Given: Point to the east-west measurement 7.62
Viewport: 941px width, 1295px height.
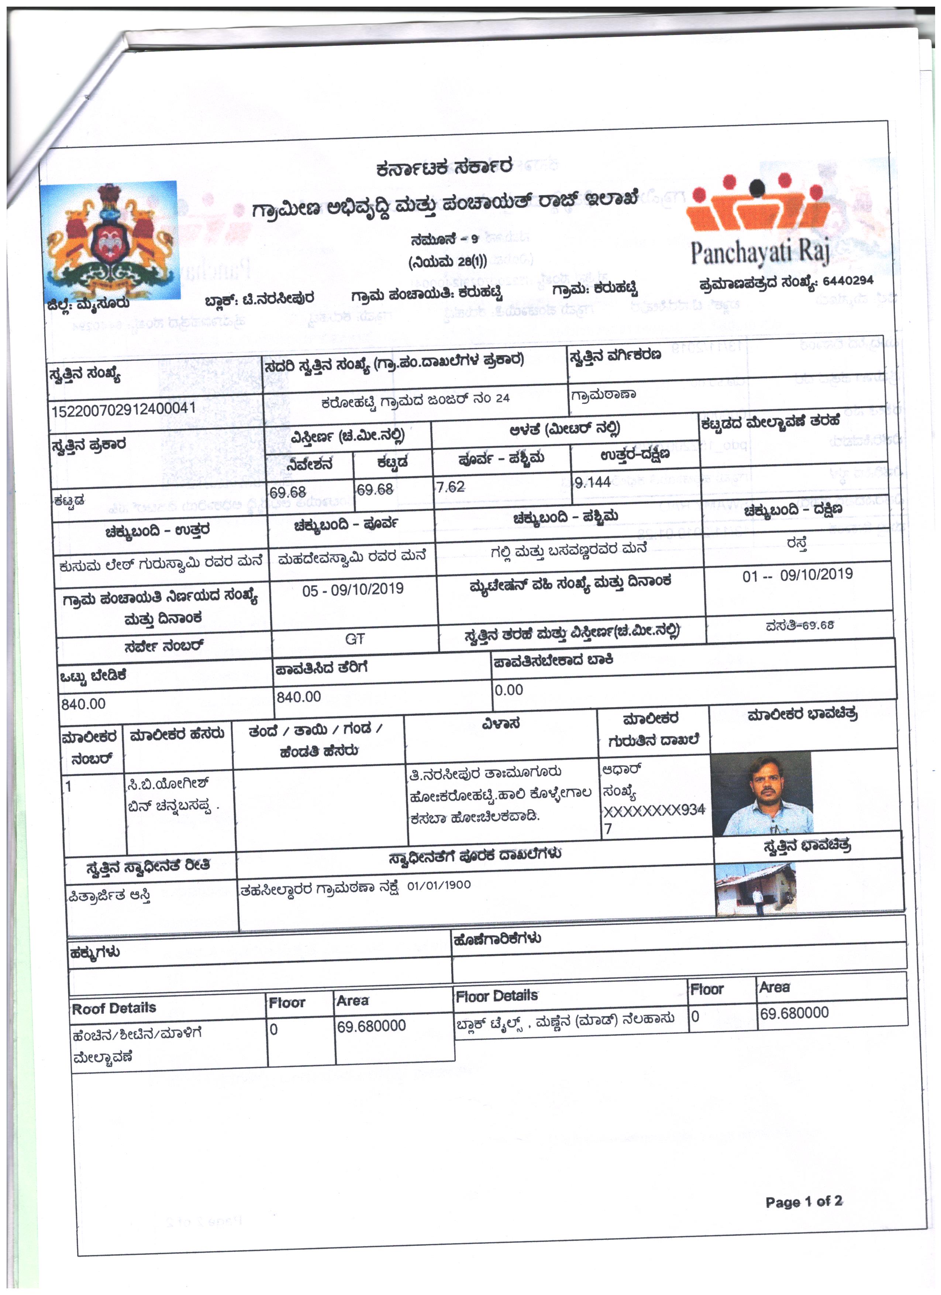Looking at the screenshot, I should click(450, 487).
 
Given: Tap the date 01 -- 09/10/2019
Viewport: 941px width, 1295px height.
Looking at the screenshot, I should click(797, 575).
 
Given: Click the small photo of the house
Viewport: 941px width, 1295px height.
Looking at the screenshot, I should click(755, 889).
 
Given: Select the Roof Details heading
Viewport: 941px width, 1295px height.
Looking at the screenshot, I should click(114, 1009).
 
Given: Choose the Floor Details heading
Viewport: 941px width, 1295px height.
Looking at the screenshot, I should click(496, 996).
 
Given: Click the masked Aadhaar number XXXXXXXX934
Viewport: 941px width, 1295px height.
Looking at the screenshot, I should click(654, 811).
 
